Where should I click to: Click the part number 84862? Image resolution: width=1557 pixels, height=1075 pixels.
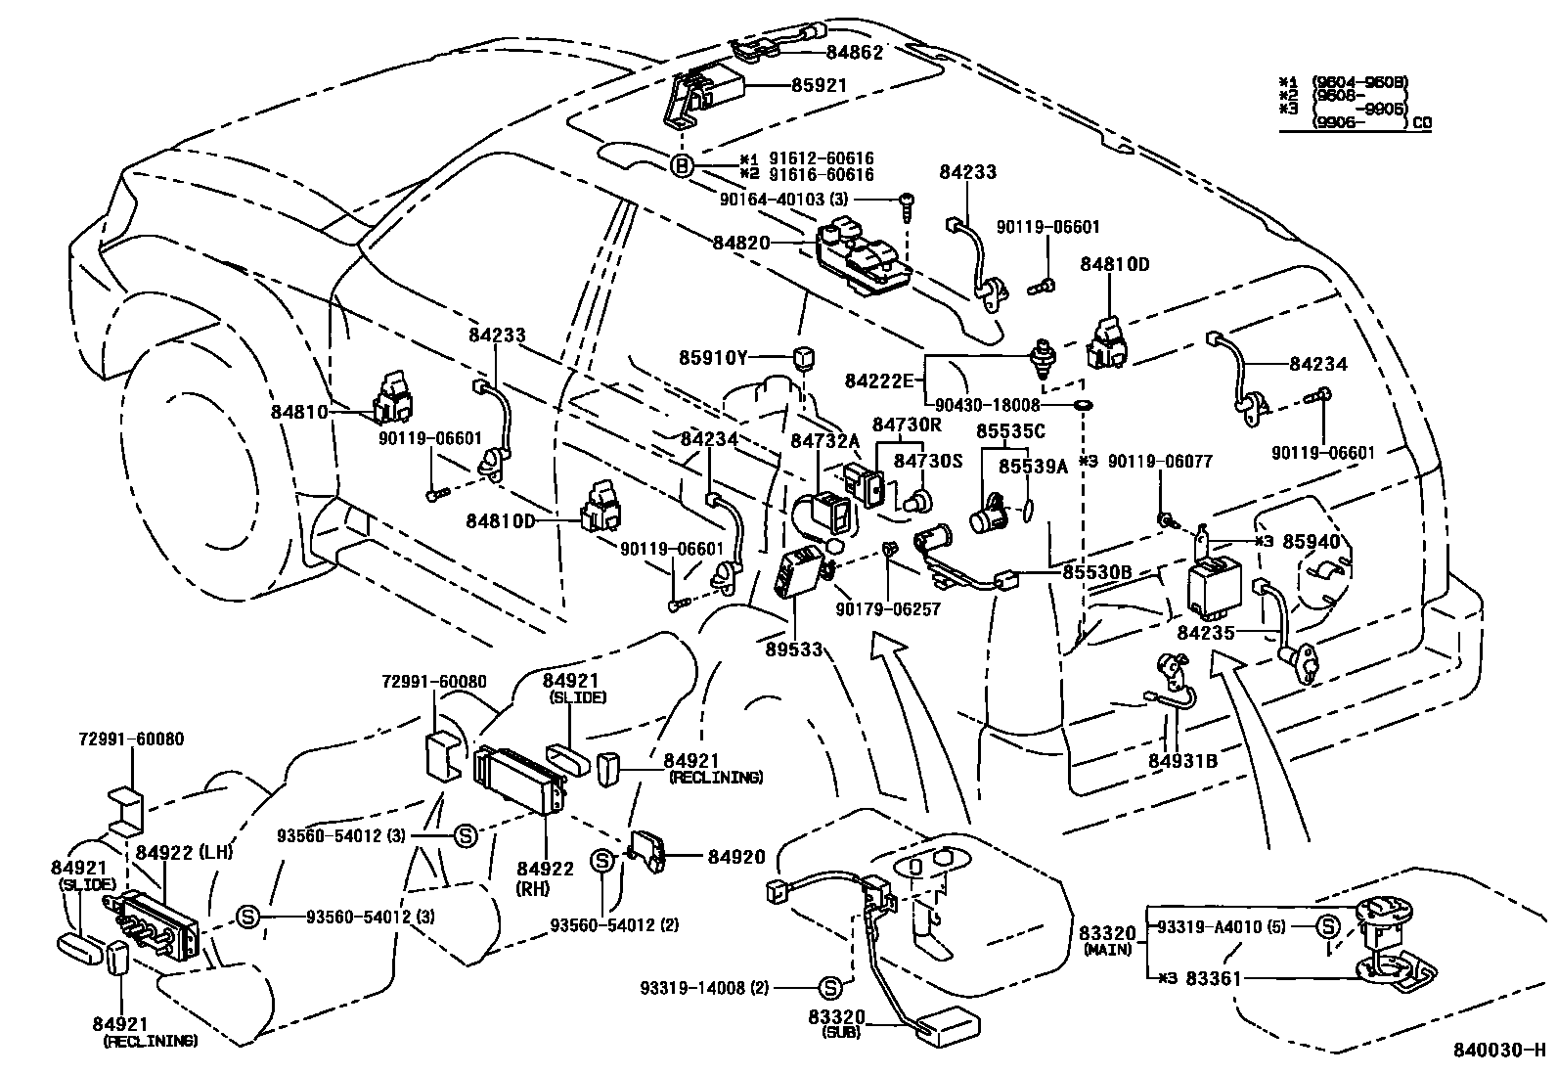tap(854, 53)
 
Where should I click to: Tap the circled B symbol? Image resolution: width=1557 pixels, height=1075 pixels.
tap(682, 166)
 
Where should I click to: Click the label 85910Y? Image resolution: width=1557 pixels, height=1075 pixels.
tap(714, 358)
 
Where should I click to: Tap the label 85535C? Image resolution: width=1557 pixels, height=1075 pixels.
tap(1010, 430)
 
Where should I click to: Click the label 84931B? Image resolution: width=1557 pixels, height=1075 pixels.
tap(1182, 760)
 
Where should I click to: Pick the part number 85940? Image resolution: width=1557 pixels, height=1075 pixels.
tap(1312, 540)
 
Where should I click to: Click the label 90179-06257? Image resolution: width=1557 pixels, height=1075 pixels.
tap(887, 608)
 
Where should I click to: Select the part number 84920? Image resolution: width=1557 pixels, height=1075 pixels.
tap(736, 857)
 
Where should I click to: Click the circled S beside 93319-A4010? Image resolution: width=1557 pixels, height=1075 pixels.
tap(1327, 926)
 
